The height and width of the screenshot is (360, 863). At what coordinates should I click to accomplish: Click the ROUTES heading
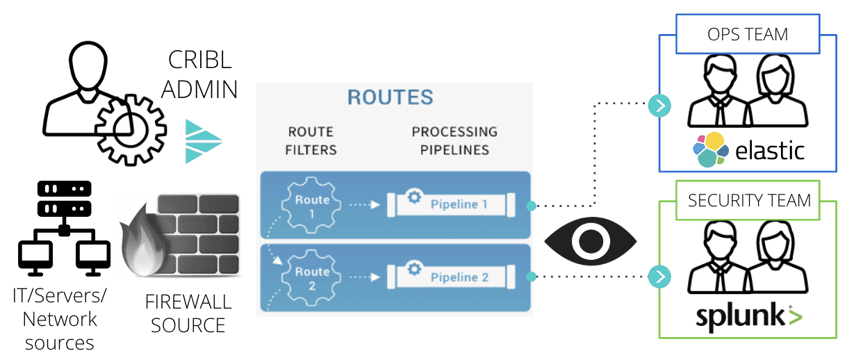tap(390, 97)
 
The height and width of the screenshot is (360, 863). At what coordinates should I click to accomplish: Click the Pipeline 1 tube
tap(449, 204)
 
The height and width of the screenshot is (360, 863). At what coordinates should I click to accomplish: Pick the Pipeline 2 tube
tap(449, 277)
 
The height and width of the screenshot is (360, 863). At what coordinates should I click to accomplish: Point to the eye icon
tap(591, 240)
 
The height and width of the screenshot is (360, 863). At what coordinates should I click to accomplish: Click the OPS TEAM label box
tap(748, 35)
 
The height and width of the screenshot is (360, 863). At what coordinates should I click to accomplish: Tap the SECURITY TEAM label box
tap(749, 201)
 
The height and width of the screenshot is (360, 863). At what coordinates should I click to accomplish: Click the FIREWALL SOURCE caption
tap(188, 314)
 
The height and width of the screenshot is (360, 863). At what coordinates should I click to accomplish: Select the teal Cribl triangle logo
tap(203, 141)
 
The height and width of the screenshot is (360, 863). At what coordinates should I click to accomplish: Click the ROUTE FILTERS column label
tap(311, 140)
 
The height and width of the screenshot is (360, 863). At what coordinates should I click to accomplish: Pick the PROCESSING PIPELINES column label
tap(454, 140)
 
